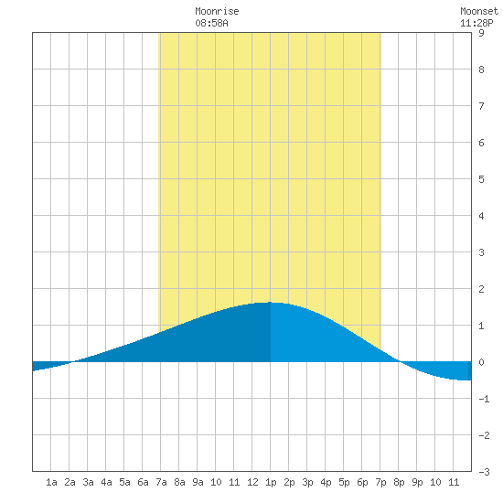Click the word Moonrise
pos(217,11)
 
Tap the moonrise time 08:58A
pos(212,23)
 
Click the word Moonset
pos(479,11)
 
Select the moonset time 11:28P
pos(476,23)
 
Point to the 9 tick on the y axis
pos(481,33)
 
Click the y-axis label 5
pos(481,179)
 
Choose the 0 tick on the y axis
pos(481,362)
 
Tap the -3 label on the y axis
pos(484,472)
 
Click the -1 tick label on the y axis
pos(484,399)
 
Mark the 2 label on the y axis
pos(481,289)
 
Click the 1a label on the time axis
pos(51,482)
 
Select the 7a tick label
pos(161,482)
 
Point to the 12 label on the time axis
pos(252,482)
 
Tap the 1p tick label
pos(271,482)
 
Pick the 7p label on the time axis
pos(380,482)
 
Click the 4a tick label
pos(106,482)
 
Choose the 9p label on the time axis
pos(417,482)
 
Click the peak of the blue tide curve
pos(270,302)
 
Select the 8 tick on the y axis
pos(481,70)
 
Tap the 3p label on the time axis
pos(307,482)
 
